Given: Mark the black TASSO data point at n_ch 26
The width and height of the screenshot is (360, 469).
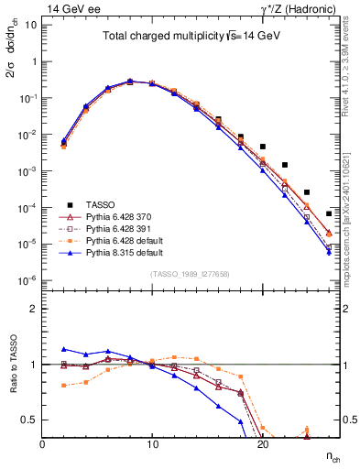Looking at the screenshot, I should pyautogui.click(x=328, y=213).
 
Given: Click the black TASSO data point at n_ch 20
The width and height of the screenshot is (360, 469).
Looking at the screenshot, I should pyautogui.click(x=262, y=147).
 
